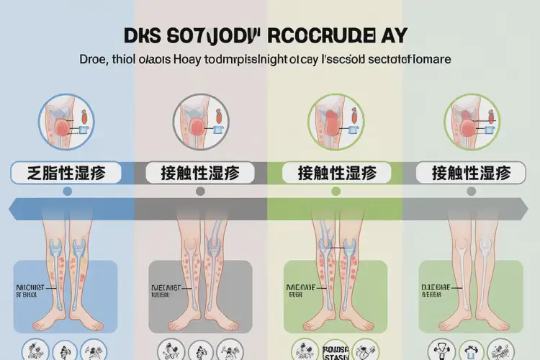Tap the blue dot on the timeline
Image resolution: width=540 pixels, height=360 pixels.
(67, 192)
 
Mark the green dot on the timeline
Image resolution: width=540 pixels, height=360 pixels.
(335, 192)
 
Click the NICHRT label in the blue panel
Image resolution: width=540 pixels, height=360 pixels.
(30, 287)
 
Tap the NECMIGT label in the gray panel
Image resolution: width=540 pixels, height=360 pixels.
(165, 287)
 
